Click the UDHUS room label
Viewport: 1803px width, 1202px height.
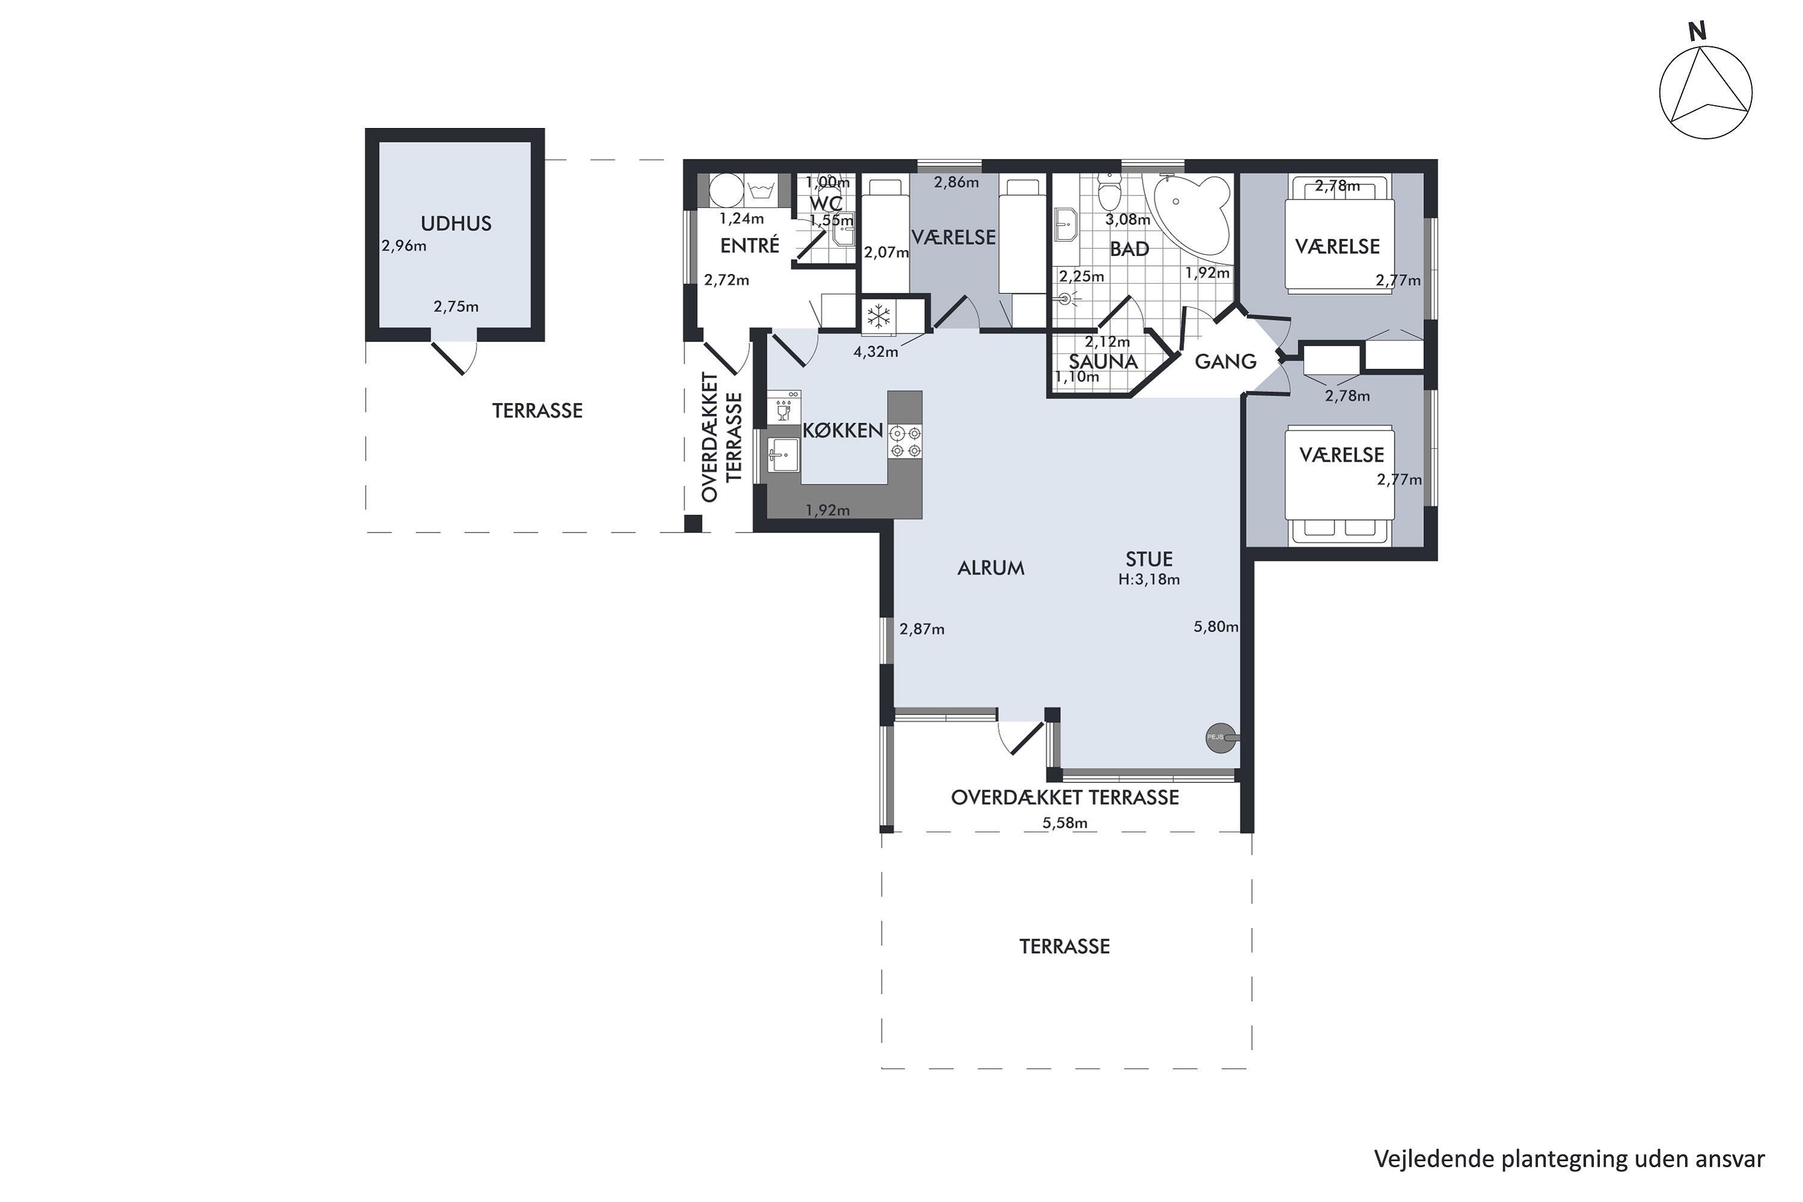coord(456,224)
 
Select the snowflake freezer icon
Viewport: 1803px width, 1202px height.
coord(879,316)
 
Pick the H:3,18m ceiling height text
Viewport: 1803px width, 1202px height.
coord(1149,579)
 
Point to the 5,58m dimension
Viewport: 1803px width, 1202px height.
coord(1065,823)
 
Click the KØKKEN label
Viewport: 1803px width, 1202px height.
coord(843,431)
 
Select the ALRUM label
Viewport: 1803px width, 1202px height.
coord(990,568)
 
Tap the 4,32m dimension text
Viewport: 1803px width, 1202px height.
coord(876,352)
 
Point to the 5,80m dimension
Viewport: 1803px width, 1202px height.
coord(1216,627)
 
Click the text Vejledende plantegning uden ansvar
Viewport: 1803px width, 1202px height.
coord(1569,1159)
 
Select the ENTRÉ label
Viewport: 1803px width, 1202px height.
coord(749,245)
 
